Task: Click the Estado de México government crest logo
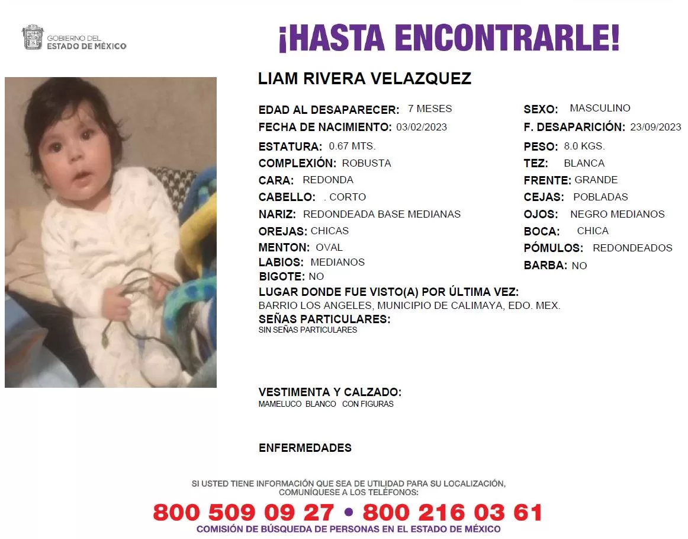32,37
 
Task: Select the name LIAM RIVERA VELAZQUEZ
365,79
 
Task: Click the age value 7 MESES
430,109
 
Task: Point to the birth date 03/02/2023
422,127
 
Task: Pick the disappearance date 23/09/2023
655,127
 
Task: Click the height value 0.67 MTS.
352,146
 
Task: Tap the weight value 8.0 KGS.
584,146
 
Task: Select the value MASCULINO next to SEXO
600,109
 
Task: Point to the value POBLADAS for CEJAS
600,197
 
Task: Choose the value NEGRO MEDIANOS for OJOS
618,214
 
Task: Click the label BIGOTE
282,276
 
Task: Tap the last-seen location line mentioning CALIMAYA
409,306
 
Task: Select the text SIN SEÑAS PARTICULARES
308,330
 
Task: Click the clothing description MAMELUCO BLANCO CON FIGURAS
326,404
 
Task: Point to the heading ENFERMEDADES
305,448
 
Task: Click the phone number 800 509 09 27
243,512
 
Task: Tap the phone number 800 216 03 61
453,512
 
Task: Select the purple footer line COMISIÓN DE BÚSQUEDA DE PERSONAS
349,529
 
